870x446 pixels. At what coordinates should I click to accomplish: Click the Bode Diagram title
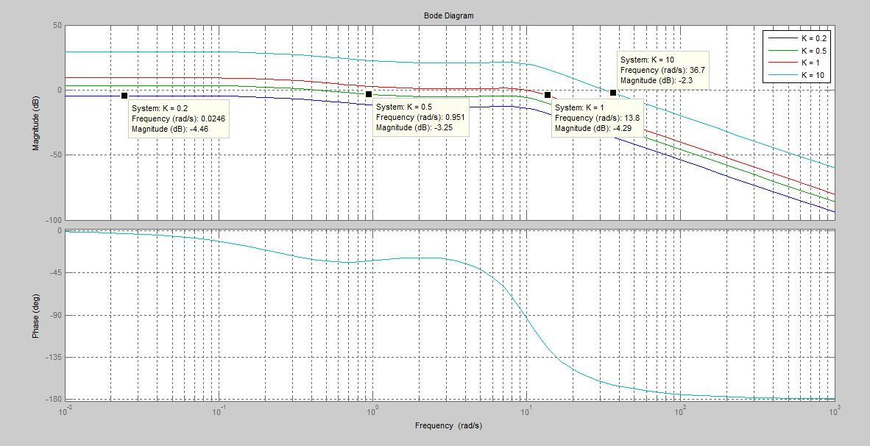tap(448, 15)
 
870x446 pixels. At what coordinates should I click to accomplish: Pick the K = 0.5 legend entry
tap(813, 51)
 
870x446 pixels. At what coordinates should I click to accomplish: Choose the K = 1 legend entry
tap(810, 63)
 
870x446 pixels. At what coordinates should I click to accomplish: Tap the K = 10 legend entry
tap(813, 75)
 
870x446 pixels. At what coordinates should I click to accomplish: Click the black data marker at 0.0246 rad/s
tap(124, 96)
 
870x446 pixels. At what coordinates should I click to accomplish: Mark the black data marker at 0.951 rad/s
tap(369, 94)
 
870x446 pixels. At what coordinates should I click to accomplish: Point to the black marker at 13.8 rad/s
tap(548, 95)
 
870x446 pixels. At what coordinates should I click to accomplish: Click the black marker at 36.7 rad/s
tap(613, 93)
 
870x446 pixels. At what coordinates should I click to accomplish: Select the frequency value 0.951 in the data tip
tap(453, 118)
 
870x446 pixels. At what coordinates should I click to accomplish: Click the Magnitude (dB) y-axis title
tap(35, 123)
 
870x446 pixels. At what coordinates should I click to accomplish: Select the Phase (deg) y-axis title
tap(35, 316)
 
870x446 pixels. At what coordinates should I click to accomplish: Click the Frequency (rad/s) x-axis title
tap(448, 425)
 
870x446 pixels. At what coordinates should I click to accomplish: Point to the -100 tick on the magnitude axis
tap(54, 220)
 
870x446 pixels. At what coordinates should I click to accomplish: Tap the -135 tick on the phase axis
tap(54, 358)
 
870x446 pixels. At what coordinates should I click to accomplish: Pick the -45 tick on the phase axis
tap(56, 273)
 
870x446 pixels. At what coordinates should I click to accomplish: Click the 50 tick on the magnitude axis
tap(57, 26)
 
